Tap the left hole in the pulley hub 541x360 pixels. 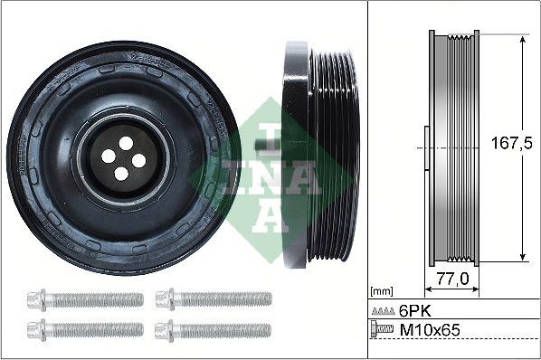(108, 156)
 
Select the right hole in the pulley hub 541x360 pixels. (139, 161)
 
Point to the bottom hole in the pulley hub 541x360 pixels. (122, 175)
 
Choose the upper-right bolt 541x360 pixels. (213, 298)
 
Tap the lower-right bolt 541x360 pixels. (213, 328)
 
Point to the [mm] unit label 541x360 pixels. (382, 292)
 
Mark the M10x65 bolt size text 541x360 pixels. (429, 332)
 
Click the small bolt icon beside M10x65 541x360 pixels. (383, 332)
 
